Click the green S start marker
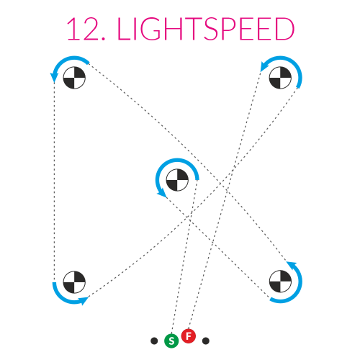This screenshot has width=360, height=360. tap(171, 341)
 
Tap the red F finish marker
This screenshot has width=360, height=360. tap(189, 336)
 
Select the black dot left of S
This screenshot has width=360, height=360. tap(154, 341)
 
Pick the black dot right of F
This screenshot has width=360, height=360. tap(206, 341)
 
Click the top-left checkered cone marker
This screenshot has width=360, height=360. tap(74, 78)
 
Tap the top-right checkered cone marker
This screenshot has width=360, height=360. tap(280, 78)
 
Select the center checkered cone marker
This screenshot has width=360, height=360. tap(177, 180)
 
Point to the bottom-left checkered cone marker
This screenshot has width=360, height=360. tap(74, 282)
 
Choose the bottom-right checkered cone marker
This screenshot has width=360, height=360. tap(280, 282)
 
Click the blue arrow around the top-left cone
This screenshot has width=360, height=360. tap(63, 60)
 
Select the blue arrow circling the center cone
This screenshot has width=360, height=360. tap(177, 159)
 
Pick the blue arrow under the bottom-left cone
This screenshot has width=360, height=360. tap(64, 300)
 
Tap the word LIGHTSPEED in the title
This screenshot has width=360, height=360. tap(206, 29)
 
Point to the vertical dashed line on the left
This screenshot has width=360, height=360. tap(54, 182)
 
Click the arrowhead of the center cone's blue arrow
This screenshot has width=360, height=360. tap(163, 193)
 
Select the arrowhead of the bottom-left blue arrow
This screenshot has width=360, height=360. tap(84, 301)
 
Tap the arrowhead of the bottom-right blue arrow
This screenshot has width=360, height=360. tap(292, 265)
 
